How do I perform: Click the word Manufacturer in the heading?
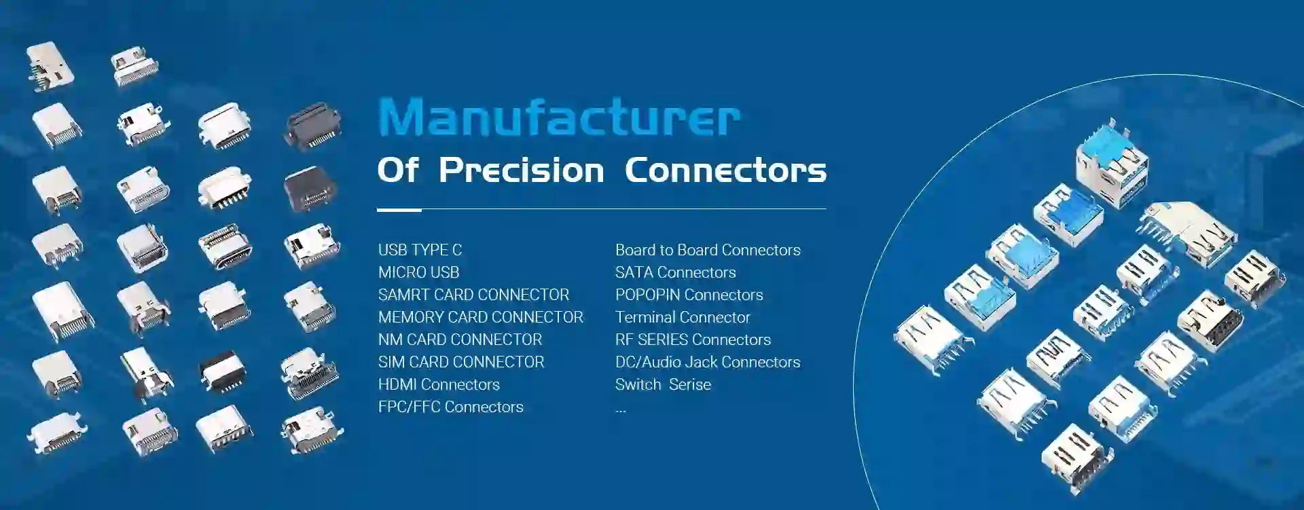[558, 117]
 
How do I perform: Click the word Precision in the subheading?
[521, 170]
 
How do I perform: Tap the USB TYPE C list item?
[420, 250]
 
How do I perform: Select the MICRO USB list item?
[418, 272]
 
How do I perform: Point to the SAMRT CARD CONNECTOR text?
[473, 295]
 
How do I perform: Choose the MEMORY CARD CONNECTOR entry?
[480, 317]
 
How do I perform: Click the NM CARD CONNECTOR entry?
[460, 340]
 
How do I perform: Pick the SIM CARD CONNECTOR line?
[461, 362]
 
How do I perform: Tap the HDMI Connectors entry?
[439, 384]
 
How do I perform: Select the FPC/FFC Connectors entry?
[450, 407]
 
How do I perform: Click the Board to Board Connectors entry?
[708, 250]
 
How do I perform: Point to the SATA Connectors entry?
[675, 272]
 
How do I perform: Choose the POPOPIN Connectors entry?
[689, 295]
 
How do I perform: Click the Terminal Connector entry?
[683, 317]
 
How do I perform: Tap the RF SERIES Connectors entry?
[693, 340]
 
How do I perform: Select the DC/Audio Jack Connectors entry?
[708, 362]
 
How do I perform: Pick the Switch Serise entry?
[663, 384]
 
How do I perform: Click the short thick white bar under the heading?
[399, 210]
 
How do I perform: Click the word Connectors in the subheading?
[725, 170]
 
